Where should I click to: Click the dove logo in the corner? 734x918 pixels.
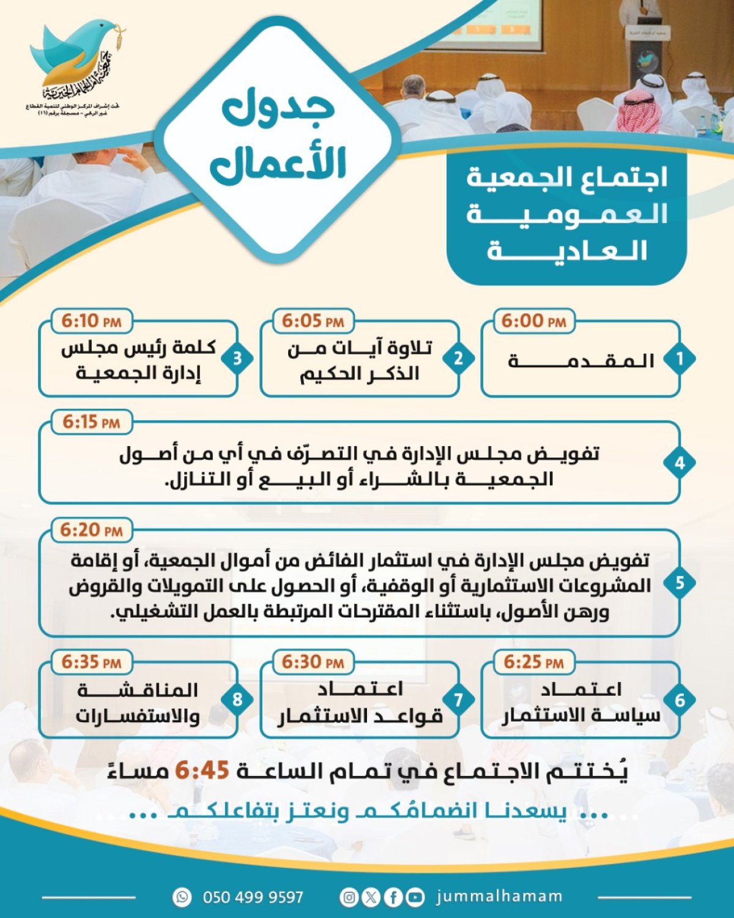76,61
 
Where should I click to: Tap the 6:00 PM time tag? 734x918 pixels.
533,321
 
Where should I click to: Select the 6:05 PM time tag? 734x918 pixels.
313,321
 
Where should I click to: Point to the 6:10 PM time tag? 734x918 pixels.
91,321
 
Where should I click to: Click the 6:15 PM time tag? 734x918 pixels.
91,422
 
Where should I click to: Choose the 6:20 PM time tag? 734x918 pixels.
91,530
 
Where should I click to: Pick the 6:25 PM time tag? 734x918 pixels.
533,662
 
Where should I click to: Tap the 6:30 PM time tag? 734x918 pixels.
313,662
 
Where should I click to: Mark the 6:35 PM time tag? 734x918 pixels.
91,662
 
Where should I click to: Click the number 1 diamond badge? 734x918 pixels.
680,359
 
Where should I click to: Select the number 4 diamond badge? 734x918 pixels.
680,463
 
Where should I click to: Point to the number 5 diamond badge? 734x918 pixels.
680,583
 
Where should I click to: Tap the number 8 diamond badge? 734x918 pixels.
237,700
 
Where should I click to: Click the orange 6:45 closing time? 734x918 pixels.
202,771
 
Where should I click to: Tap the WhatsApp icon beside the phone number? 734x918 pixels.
182,897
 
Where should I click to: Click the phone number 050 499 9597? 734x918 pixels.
253,897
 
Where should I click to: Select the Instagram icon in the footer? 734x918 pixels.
349,897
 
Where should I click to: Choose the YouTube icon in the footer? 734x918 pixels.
415,897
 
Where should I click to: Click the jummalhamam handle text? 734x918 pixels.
499,897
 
